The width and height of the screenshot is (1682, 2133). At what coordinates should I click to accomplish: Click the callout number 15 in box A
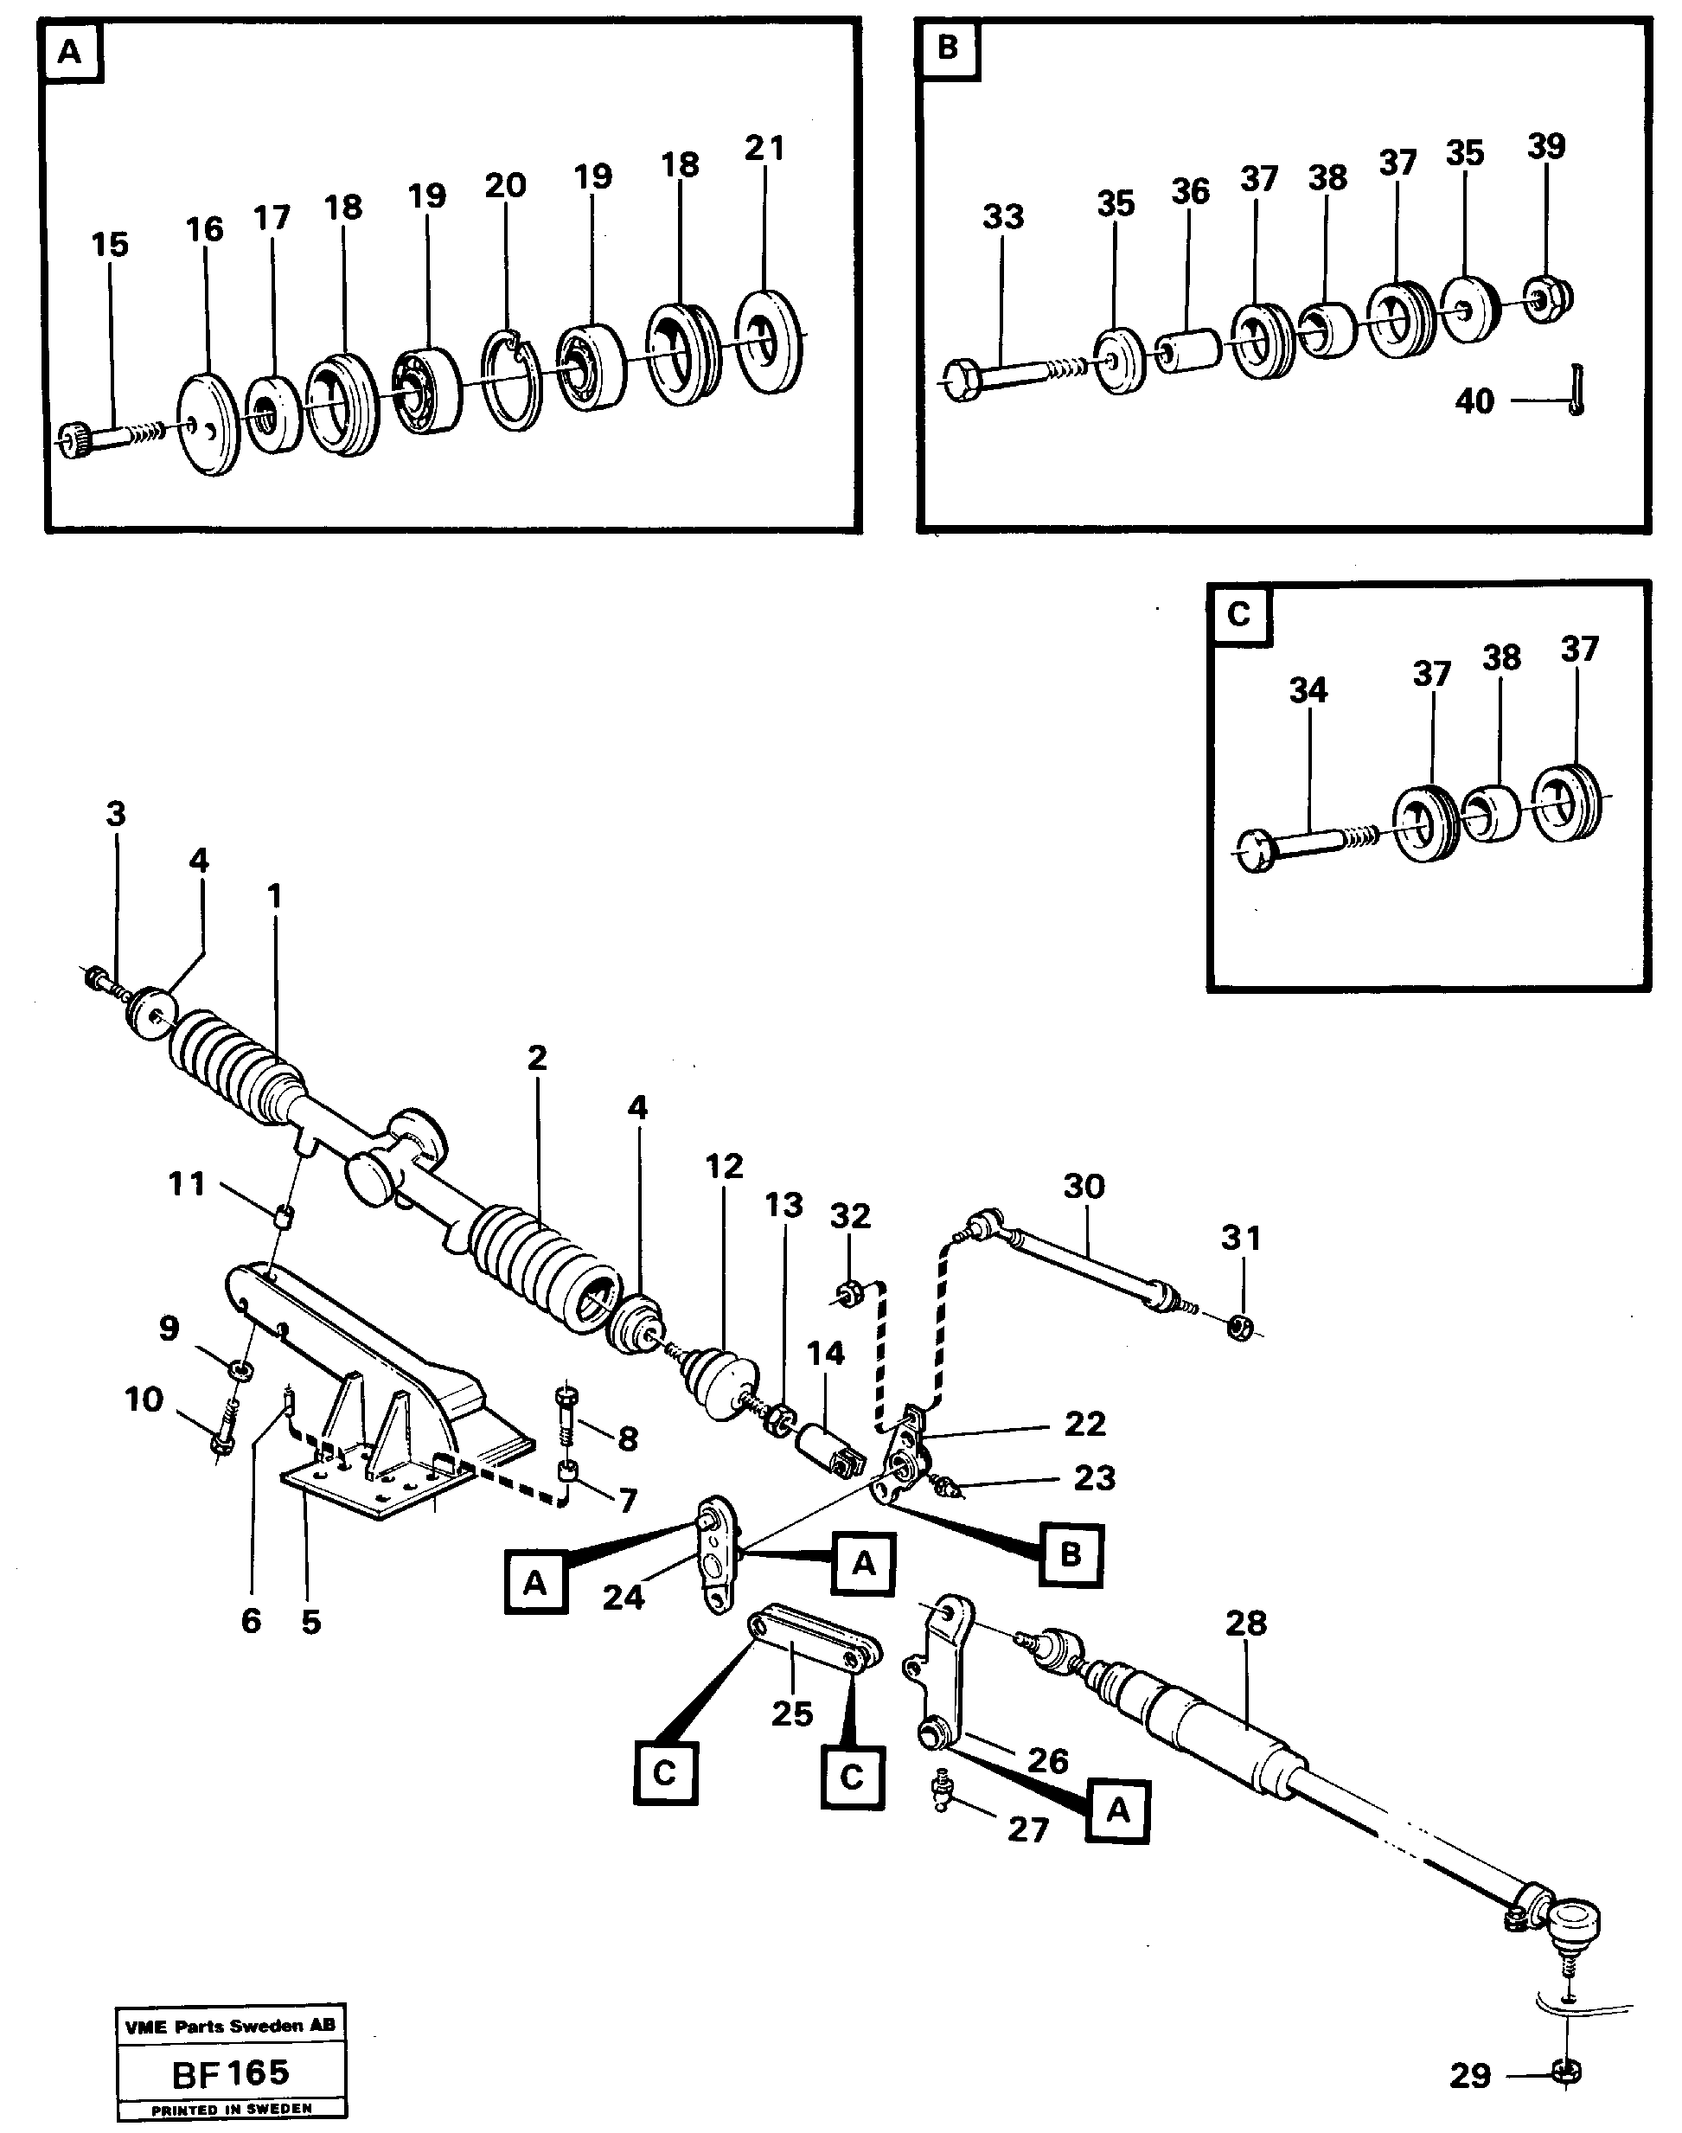point(109,245)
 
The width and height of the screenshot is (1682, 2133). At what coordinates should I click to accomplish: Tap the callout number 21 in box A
point(764,149)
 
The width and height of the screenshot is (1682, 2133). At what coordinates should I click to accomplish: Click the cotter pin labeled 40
point(1576,391)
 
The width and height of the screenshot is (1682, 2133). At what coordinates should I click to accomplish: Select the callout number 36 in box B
point(1190,192)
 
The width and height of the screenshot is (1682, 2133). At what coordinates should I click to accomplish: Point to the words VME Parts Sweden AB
point(229,2026)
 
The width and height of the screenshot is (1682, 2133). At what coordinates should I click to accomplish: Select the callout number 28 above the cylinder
point(1246,1623)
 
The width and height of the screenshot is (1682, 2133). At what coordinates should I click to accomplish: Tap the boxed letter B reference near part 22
point(1071,1554)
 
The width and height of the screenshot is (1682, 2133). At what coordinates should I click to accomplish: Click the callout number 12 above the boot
point(724,1167)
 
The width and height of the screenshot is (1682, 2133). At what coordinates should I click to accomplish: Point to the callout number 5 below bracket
point(311,1622)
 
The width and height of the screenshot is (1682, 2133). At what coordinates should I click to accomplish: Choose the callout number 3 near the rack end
point(116,815)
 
